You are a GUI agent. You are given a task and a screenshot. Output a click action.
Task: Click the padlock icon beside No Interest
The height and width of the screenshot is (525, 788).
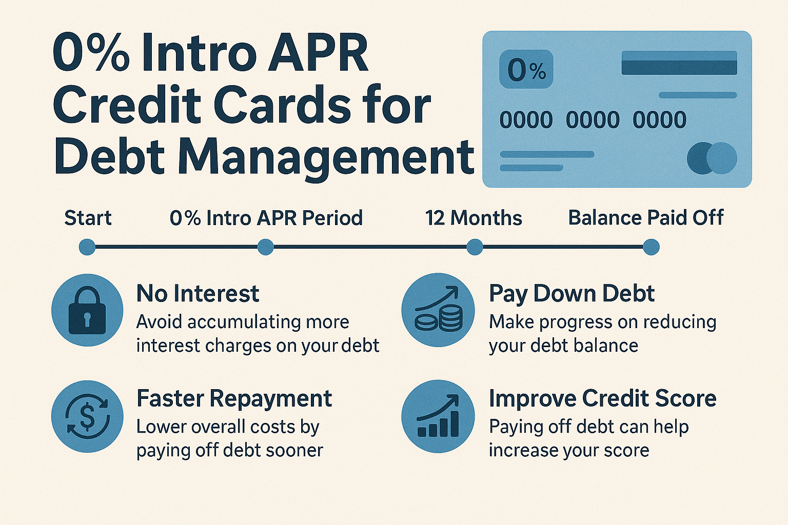[87, 310]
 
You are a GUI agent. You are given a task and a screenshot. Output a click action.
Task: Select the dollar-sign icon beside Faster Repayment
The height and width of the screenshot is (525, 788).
[87, 416]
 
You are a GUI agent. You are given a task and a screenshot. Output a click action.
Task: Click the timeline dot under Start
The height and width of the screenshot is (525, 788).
[87, 247]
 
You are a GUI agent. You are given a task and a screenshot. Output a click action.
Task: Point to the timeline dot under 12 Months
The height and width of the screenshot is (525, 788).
[475, 247]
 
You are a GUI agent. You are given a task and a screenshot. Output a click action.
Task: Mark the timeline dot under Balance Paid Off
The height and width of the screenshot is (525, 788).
[651, 247]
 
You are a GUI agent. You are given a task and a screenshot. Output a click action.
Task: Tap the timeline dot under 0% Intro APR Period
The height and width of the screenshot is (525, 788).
[266, 247]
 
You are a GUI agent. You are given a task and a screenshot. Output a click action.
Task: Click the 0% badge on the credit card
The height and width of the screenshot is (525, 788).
[526, 69]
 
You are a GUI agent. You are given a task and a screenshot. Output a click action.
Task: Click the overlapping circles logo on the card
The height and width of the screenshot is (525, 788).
[712, 158]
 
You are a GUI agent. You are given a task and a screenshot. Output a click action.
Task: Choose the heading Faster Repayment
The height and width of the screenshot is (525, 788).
[234, 399]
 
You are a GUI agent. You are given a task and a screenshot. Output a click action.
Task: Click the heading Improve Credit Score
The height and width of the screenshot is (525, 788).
[603, 398]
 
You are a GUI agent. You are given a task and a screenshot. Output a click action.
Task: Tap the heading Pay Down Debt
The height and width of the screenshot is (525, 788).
[572, 294]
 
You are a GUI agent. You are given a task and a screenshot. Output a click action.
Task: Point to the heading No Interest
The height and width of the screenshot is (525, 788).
[198, 293]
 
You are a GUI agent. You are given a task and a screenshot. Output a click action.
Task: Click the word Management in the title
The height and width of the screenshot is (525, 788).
[326, 157]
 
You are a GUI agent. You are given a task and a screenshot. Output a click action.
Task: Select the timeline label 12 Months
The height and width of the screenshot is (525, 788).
[474, 218]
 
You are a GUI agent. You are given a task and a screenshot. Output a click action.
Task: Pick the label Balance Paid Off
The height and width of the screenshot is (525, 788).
[646, 218]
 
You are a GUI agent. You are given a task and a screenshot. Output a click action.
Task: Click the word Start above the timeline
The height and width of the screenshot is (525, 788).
[88, 218]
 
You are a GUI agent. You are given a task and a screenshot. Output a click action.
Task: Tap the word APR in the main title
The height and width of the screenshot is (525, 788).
[318, 52]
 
